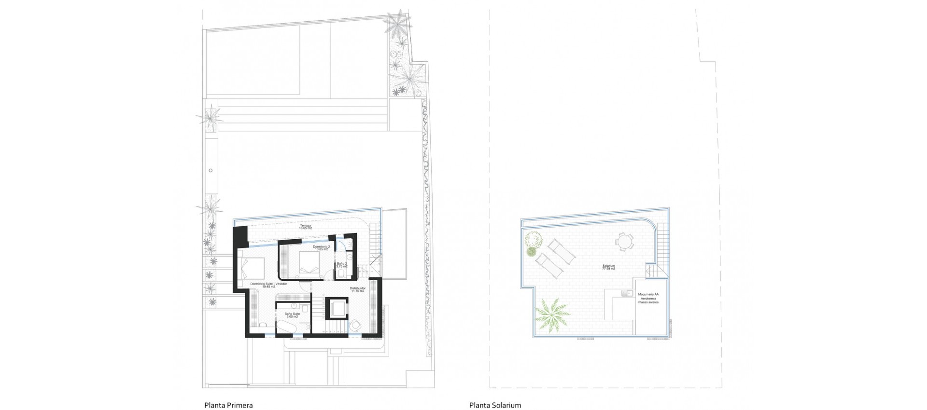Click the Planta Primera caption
(228, 405)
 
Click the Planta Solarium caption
(495, 405)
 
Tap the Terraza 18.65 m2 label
(305, 227)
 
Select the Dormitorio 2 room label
(321, 248)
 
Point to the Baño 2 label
(342, 265)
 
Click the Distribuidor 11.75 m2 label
(357, 290)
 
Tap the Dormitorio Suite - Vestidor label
(268, 285)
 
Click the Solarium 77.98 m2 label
(608, 267)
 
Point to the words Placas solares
(648, 302)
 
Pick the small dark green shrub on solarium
(531, 252)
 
